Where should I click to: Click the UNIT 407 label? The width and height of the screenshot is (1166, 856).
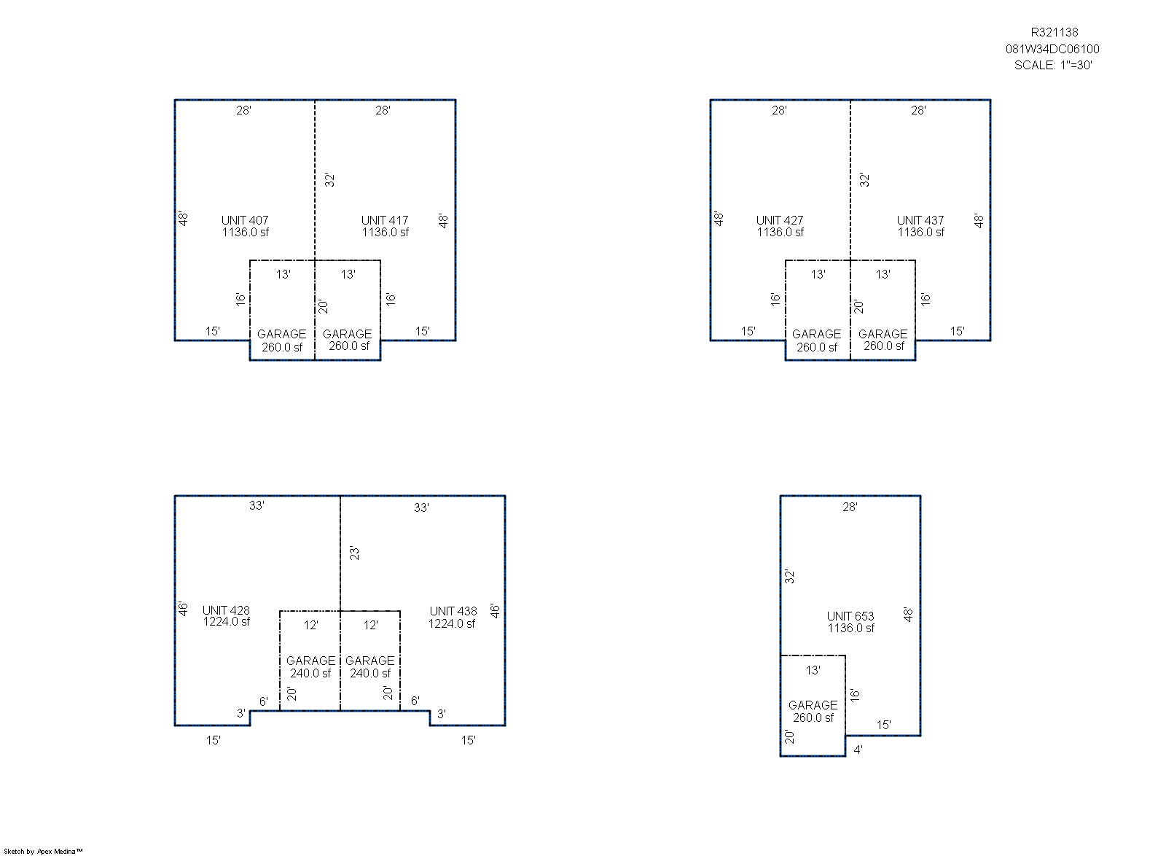click(x=245, y=220)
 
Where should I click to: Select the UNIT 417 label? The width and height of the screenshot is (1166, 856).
click(x=385, y=220)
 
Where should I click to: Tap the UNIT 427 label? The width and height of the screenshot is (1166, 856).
click(x=780, y=220)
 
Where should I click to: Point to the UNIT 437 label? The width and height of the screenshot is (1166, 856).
click(x=920, y=220)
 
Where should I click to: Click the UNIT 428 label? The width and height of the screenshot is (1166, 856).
click(x=226, y=610)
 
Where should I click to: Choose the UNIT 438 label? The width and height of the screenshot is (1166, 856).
click(x=453, y=611)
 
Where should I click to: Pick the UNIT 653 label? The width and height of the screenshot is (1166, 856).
click(x=850, y=617)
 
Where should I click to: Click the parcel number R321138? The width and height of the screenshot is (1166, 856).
click(x=1055, y=32)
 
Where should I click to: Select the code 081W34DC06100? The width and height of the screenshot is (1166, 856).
click(x=1052, y=49)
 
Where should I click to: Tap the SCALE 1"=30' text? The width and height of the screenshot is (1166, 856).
click(x=1053, y=65)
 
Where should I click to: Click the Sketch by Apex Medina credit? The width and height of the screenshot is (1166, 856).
click(x=43, y=852)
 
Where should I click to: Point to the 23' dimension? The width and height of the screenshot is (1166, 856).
click(x=354, y=553)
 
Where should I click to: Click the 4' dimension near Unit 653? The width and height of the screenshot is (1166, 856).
click(x=858, y=750)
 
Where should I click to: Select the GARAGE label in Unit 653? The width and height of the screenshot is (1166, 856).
click(x=813, y=706)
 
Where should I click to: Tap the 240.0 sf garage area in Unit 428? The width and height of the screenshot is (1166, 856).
click(x=310, y=673)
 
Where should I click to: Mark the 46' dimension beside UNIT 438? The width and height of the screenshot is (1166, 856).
click(x=495, y=611)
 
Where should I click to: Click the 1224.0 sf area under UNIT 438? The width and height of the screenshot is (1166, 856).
click(x=452, y=624)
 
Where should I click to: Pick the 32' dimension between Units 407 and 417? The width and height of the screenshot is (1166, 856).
click(x=329, y=180)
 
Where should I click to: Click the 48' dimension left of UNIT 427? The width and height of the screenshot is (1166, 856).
click(x=719, y=219)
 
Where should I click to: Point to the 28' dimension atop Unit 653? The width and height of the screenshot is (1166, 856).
click(x=850, y=507)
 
